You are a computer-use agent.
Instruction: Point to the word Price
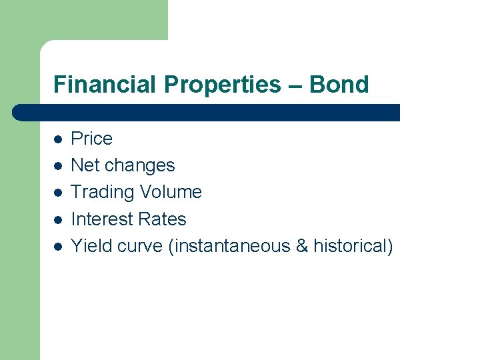pos(91,139)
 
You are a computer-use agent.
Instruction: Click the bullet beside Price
pos(58,139)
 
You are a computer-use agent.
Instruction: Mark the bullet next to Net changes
pos(58,166)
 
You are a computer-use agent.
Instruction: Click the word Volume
pos(169,192)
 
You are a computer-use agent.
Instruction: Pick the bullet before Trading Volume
pos(58,193)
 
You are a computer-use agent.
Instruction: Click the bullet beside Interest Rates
pos(58,219)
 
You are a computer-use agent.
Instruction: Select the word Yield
pos(91,246)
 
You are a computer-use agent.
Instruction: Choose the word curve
pos(140,246)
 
